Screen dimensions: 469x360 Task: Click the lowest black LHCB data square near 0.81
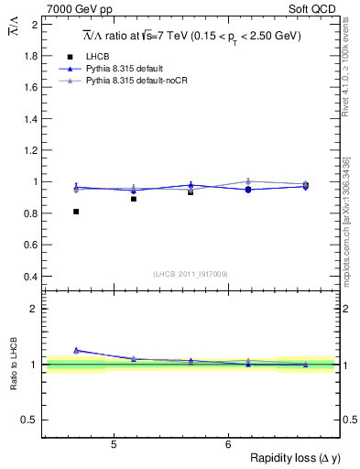76,212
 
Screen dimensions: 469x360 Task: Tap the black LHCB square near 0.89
134,199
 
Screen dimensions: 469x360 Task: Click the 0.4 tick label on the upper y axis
32,277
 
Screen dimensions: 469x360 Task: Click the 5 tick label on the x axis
113,445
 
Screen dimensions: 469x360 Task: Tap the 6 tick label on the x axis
227,445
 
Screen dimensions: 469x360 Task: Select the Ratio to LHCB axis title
13,364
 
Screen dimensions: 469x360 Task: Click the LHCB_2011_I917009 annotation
191,274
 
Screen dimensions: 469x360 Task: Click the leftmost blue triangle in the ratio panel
76,350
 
